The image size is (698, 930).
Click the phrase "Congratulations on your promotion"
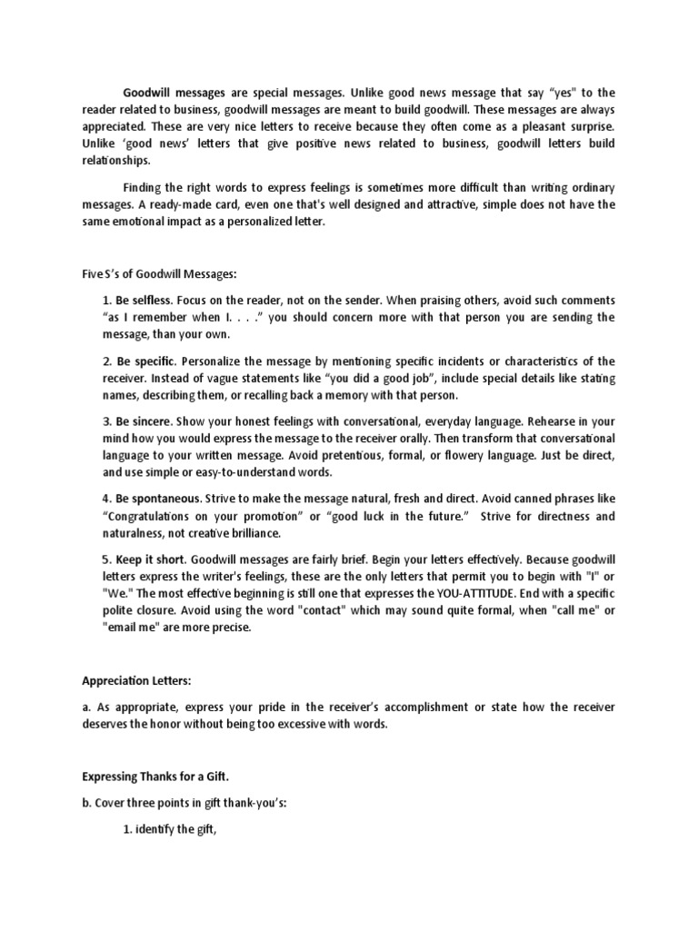point(202,516)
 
